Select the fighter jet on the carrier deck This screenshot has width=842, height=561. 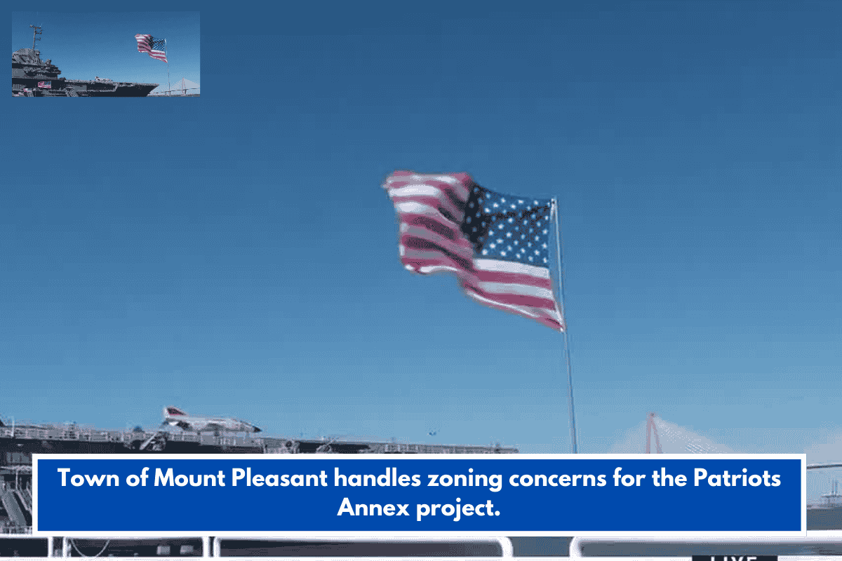(x=210, y=421)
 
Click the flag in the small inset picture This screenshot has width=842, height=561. (x=151, y=46)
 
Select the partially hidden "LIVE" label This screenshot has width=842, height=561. (x=733, y=557)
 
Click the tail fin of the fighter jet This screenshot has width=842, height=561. (x=172, y=412)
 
